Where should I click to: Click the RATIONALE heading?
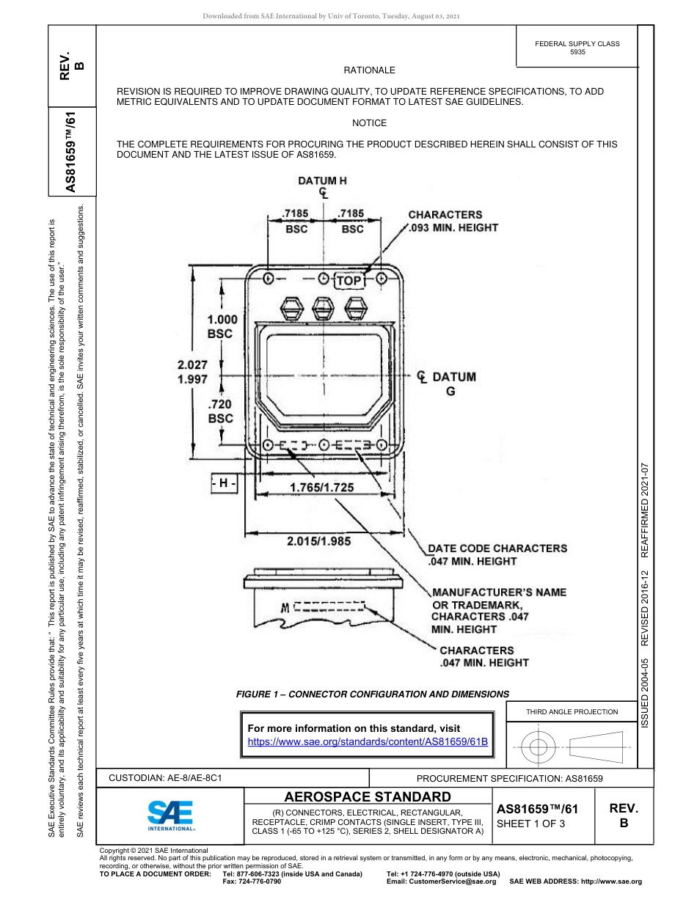[x=369, y=70]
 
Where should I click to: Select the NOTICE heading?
[x=369, y=123]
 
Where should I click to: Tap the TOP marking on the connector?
[x=349, y=280]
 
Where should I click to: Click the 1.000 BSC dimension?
[x=221, y=326]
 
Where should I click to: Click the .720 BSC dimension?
[x=220, y=411]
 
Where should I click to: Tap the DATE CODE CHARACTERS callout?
[x=497, y=554]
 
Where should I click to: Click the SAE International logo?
[x=170, y=815]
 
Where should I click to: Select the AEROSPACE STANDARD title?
[x=368, y=796]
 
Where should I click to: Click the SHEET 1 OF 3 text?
[x=533, y=823]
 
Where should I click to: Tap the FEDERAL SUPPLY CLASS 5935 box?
[x=577, y=48]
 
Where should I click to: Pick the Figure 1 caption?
[x=372, y=694]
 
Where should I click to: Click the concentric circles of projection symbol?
[x=539, y=747]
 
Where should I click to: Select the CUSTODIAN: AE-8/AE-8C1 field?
[x=165, y=777]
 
